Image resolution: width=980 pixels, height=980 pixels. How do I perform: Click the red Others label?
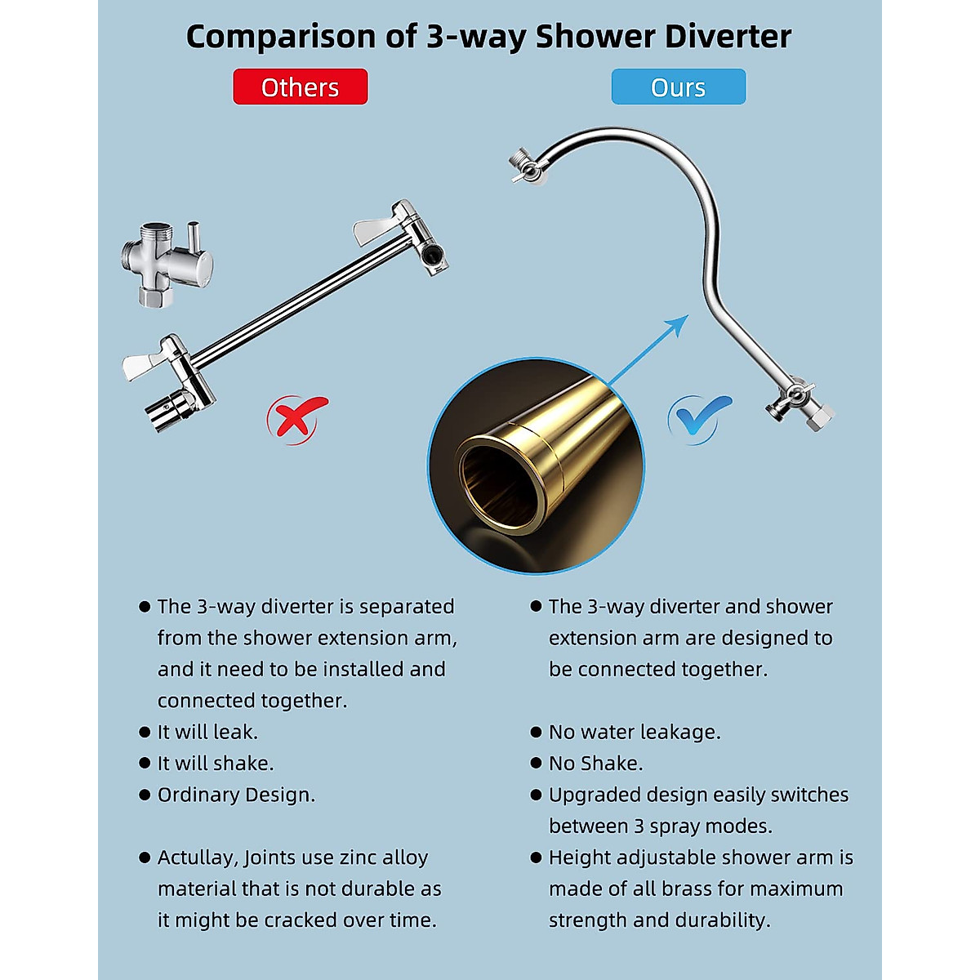click(300, 87)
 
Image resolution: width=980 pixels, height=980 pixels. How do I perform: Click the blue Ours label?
click(678, 87)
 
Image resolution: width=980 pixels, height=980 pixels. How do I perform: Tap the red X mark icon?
click(295, 417)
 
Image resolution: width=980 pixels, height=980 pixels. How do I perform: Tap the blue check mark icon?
click(698, 417)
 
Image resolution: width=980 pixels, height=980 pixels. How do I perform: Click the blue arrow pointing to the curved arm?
click(649, 350)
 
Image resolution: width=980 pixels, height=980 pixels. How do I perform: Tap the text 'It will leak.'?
click(207, 732)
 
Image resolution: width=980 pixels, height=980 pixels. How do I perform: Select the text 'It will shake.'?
click(216, 764)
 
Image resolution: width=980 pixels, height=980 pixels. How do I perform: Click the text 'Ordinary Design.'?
click(236, 795)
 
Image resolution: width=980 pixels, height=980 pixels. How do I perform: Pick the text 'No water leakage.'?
click(635, 732)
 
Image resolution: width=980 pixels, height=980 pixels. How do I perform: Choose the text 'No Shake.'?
click(595, 764)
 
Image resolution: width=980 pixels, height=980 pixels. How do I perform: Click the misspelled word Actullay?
click(197, 857)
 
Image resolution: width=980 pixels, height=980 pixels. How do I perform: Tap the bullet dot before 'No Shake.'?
click(536, 763)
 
